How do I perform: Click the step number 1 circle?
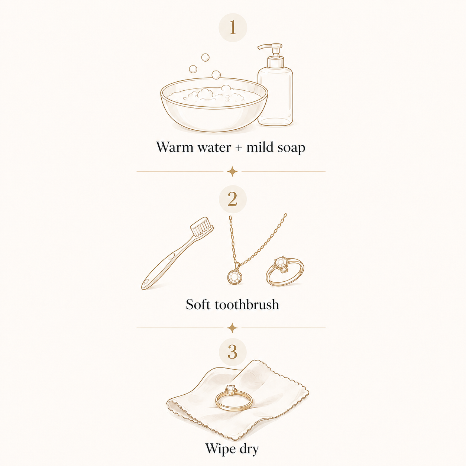tap(233, 27)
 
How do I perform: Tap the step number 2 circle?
tap(233, 199)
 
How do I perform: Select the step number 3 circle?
tap(233, 352)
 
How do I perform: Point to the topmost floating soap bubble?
tap(205, 57)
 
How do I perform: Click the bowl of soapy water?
tap(214, 105)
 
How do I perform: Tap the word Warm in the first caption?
tap(175, 147)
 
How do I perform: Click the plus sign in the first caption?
tap(239, 148)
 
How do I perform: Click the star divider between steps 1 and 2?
tap(233, 171)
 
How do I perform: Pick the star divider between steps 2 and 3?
tap(233, 328)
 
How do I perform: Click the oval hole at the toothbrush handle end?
tap(146, 282)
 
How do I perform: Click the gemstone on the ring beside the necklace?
tap(281, 262)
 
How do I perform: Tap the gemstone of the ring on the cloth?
tap(230, 389)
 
